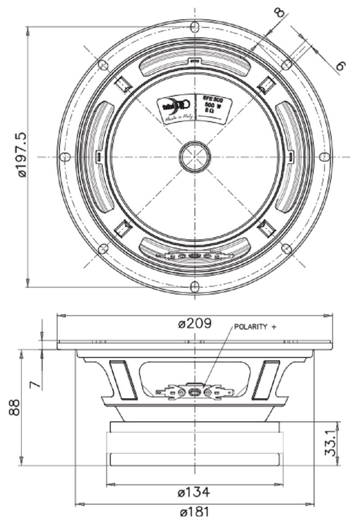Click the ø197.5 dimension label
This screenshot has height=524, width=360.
[x=22, y=154]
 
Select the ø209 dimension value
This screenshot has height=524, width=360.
[x=194, y=324]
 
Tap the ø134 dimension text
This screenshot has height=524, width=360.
[x=194, y=492]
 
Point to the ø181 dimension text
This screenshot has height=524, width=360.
[x=194, y=512]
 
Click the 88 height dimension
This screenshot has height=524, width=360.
[x=14, y=407]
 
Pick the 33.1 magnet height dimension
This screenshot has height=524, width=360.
[x=331, y=443]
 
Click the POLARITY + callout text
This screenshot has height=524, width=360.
[x=255, y=327]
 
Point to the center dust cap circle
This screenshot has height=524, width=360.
[x=195, y=157]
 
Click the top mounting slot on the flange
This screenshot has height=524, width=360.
[x=194, y=27]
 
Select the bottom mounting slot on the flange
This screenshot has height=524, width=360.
[x=194, y=286]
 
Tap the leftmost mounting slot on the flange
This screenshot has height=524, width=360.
[x=65, y=157]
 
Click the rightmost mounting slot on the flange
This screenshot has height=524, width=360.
[x=324, y=157]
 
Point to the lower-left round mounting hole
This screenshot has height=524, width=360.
[x=103, y=248]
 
